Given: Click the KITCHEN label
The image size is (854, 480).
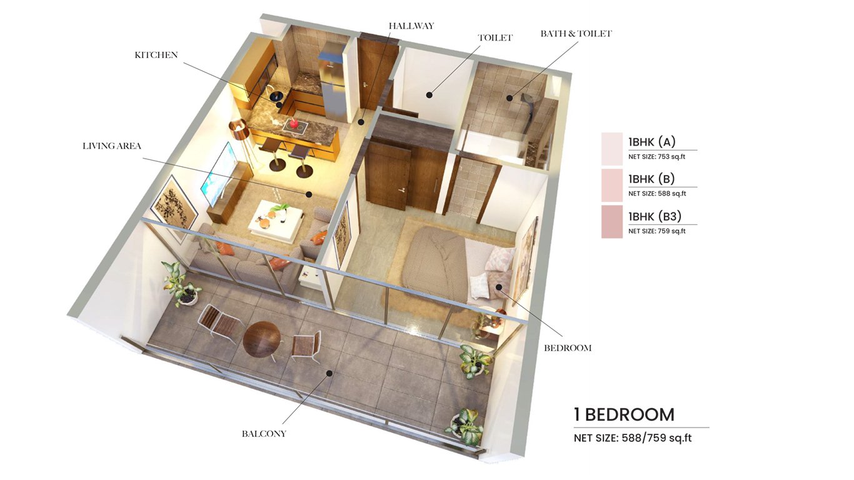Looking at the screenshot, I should [156, 55].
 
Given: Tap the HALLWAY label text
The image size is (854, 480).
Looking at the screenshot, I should [411, 26].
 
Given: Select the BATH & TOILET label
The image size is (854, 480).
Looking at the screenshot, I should [576, 34].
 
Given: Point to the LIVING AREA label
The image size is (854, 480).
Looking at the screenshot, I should [112, 146].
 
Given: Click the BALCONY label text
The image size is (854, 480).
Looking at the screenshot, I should [264, 433].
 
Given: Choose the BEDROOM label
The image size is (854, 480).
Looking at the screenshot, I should [568, 347].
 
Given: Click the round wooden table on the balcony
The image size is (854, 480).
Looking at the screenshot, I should [262, 339].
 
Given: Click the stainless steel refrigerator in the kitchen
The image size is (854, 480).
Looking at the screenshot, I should [333, 87].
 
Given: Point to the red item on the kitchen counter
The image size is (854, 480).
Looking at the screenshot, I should [293, 123].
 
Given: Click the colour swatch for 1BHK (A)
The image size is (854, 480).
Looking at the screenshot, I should [611, 149].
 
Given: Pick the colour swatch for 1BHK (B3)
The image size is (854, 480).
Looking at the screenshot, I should [611, 221].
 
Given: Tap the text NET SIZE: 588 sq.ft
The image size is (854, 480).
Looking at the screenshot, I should [657, 194].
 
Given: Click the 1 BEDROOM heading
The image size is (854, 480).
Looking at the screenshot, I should [624, 414].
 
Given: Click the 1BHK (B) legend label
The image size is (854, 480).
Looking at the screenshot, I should [651, 179].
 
